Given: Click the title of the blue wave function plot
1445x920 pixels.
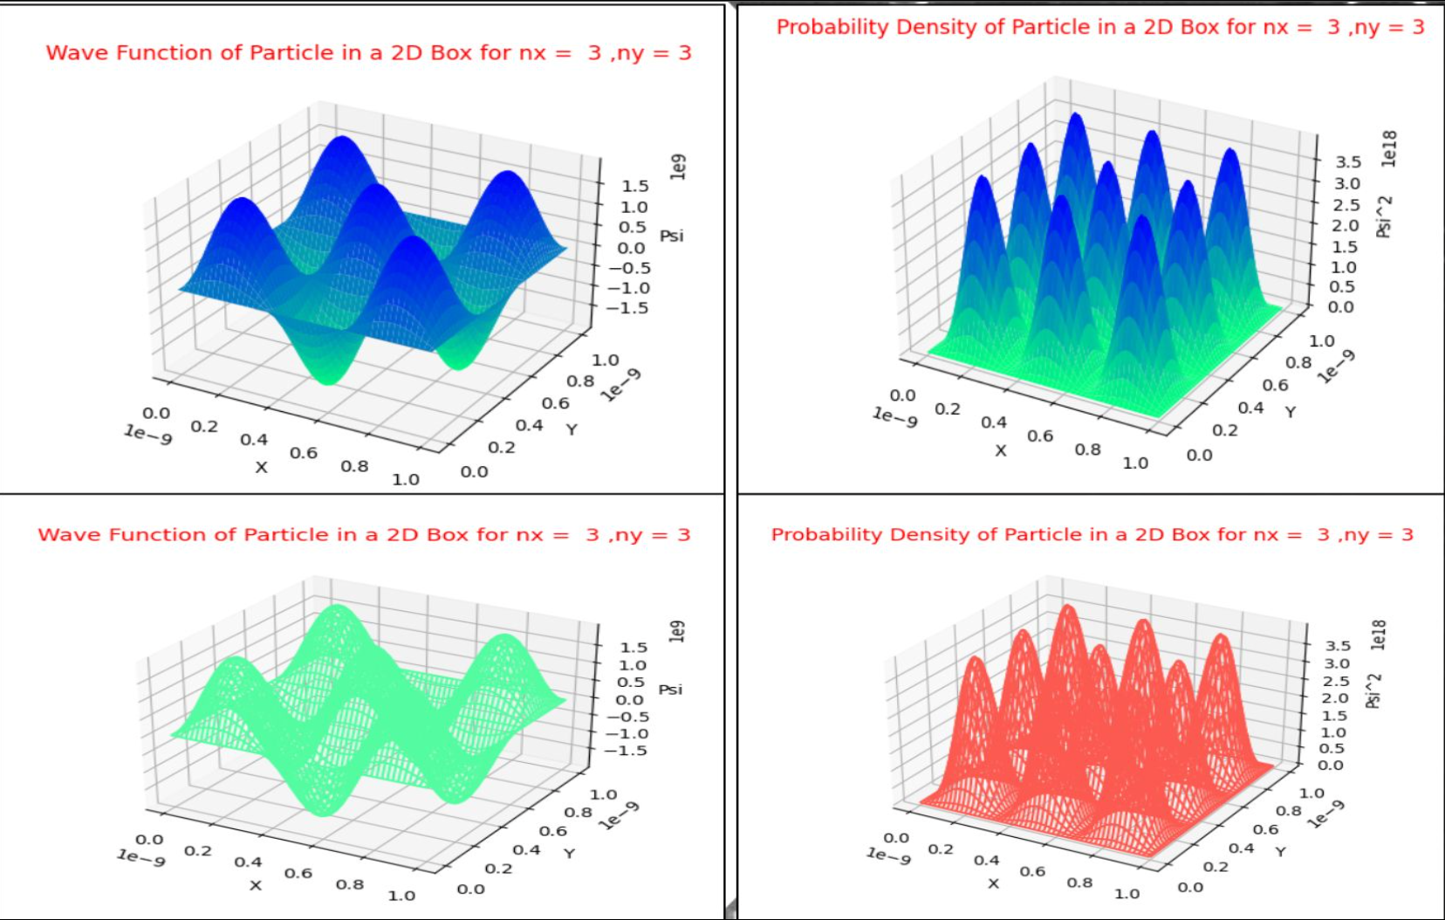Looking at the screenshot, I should [x=368, y=53].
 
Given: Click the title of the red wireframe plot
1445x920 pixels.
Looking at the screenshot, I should [x=1092, y=535].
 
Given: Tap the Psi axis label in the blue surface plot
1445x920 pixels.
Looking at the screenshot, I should [x=671, y=236].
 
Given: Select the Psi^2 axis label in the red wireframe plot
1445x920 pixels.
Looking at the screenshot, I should [x=1373, y=690].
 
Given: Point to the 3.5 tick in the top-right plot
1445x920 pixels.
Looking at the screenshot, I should [x=1347, y=161].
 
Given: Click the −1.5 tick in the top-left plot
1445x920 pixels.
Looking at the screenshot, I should [x=628, y=308].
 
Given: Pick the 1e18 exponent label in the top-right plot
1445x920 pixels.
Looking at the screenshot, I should [x=1388, y=148].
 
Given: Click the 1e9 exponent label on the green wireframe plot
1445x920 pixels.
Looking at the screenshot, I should [x=677, y=631].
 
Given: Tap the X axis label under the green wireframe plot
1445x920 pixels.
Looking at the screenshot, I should [x=255, y=885].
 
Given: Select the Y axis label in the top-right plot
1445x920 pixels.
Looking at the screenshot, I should [x=1290, y=411].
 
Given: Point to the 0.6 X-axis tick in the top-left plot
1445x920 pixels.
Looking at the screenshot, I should [x=304, y=453].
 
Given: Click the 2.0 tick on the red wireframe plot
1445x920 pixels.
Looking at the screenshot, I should [x=1335, y=697].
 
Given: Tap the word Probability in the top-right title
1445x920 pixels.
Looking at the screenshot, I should [x=832, y=28].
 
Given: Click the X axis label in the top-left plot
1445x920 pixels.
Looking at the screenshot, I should [x=261, y=467].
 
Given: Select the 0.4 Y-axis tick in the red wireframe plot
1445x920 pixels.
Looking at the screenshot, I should [x=1241, y=848].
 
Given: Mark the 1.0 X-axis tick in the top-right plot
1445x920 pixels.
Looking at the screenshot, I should [x=1134, y=463].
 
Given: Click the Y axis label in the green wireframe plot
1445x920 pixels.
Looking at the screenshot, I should [x=569, y=852].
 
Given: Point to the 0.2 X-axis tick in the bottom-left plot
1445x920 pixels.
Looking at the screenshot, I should [x=197, y=850].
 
